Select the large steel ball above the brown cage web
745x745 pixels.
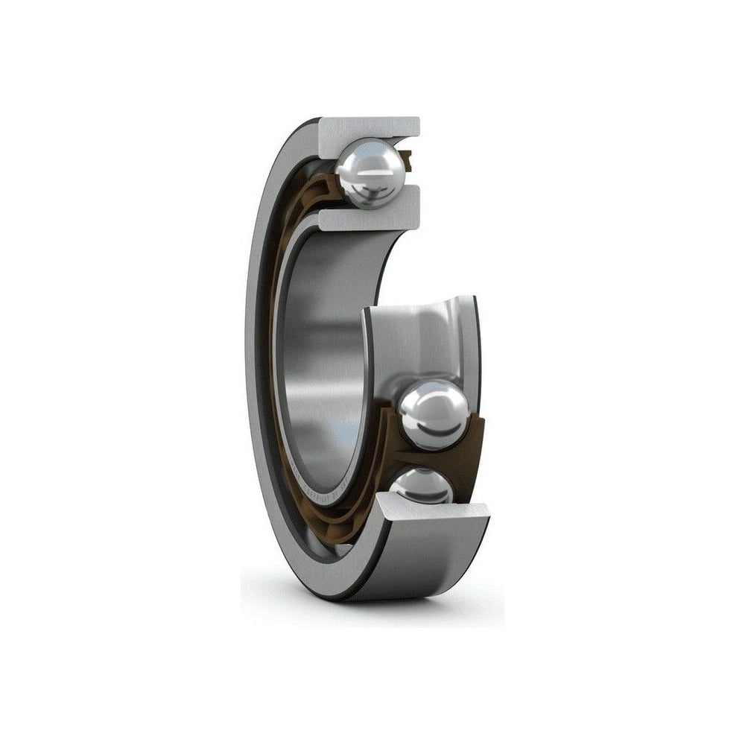click(434, 414)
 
